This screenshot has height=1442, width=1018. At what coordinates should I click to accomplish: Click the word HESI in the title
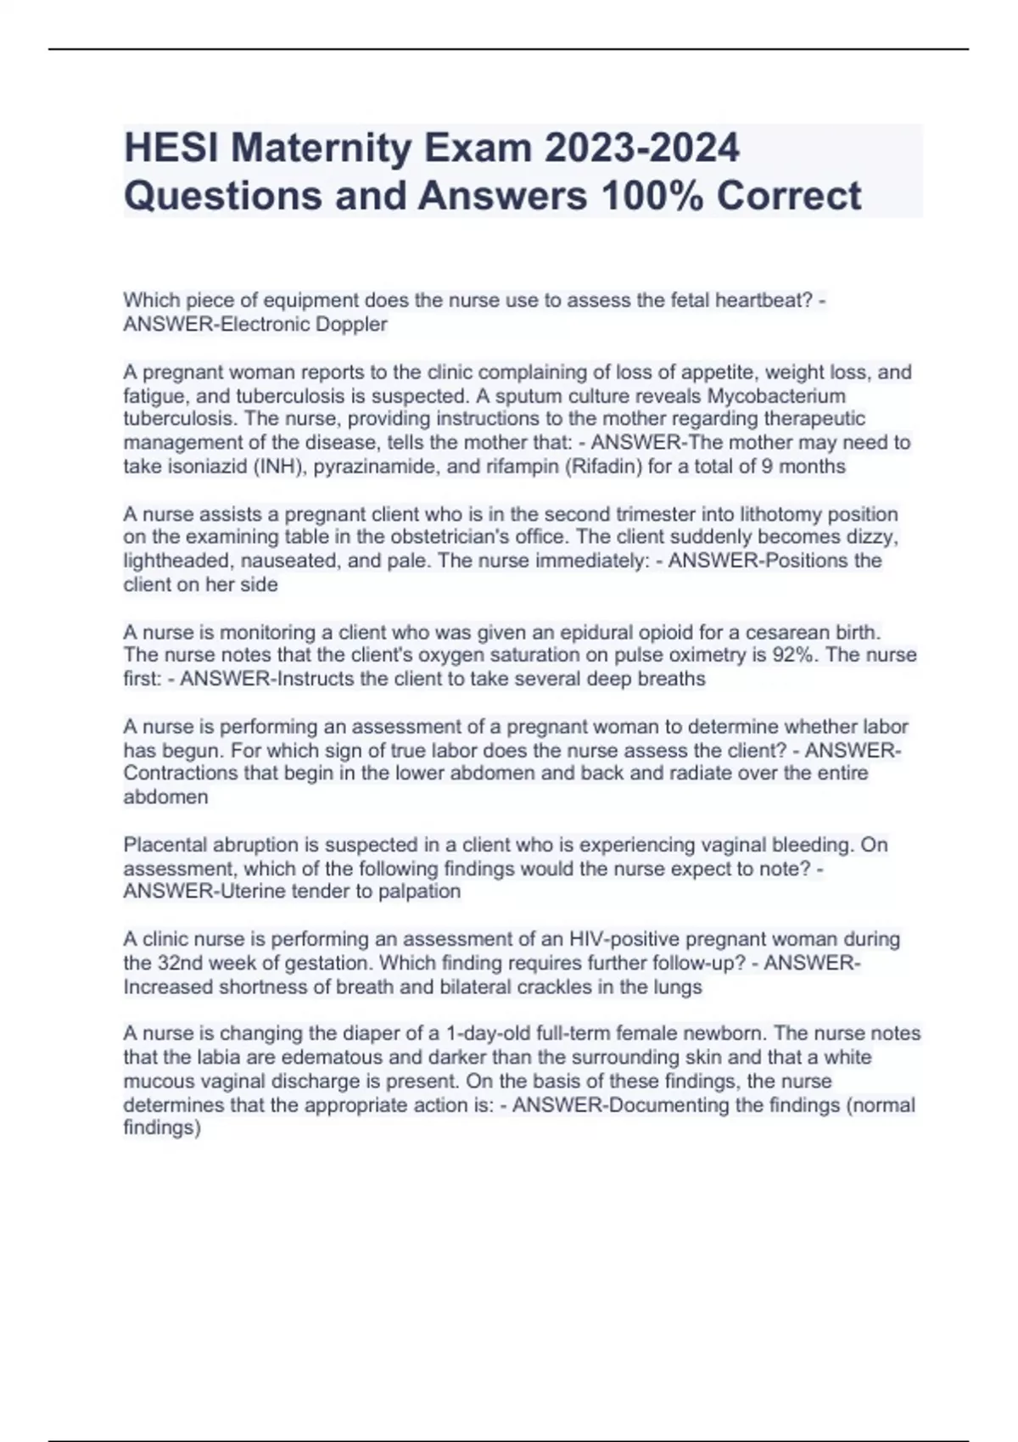coord(171,148)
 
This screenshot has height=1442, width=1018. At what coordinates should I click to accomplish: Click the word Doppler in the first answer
coord(350,324)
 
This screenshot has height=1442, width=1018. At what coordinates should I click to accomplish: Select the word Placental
coord(165,845)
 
